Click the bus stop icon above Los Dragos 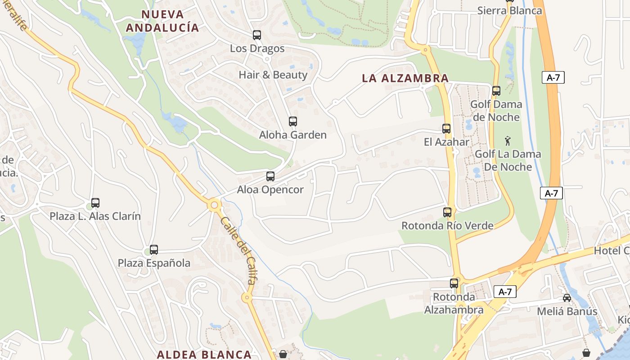257,35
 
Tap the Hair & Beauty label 273,75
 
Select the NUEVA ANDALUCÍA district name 162,21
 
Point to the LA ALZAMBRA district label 405,78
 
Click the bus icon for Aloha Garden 293,121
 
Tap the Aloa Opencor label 270,189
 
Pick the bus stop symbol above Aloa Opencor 270,176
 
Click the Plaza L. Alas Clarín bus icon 95,203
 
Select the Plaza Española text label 154,263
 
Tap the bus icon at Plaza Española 154,249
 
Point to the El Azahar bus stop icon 446,129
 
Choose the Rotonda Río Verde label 447,225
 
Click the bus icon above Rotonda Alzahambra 454,283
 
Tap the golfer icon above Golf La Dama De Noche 508,141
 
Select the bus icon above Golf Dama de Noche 496,91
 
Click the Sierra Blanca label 510,10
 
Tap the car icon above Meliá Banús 567,298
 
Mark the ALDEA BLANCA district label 204,354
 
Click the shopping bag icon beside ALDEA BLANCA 283,354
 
